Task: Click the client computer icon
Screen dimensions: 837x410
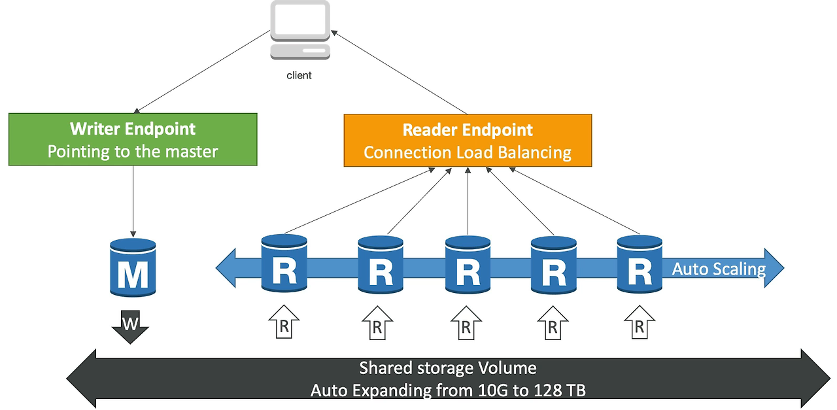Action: [300, 30]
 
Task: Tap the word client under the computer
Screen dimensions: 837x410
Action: [299, 75]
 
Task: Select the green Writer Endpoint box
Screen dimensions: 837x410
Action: [133, 139]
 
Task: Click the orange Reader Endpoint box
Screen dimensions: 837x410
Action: [468, 140]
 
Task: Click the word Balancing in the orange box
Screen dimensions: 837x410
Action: [534, 153]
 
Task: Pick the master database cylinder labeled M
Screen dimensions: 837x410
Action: [133, 267]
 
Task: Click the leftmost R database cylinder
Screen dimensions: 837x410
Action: [284, 263]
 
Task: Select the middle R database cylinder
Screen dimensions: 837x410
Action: [468, 265]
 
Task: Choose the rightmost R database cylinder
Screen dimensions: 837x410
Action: [640, 264]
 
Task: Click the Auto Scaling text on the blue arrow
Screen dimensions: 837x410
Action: [719, 269]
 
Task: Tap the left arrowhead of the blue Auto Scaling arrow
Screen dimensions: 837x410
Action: [226, 268]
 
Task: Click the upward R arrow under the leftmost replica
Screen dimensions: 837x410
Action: [284, 322]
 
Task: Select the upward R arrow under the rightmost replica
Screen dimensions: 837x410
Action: [640, 322]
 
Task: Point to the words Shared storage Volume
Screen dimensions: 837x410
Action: [448, 368]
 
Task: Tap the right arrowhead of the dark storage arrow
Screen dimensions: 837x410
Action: [816, 379]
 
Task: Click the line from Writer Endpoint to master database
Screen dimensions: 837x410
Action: [133, 201]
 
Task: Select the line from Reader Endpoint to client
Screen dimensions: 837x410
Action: [399, 72]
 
